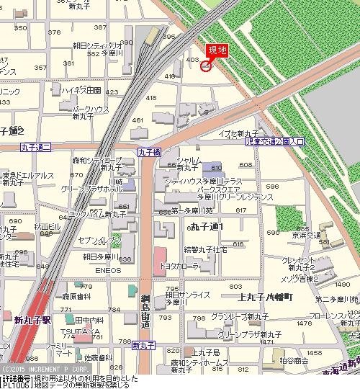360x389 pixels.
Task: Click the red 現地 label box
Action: coord(217,50)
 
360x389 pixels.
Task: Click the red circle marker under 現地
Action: coord(205,66)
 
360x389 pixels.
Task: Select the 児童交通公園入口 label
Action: coord(275,143)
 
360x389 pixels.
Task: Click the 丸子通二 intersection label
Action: coord(35,147)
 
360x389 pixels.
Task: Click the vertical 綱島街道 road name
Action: coord(145,310)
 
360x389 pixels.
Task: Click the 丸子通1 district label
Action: coord(208,227)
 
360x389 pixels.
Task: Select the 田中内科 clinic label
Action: coord(89,318)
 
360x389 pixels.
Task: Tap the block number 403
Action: coord(192,60)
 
